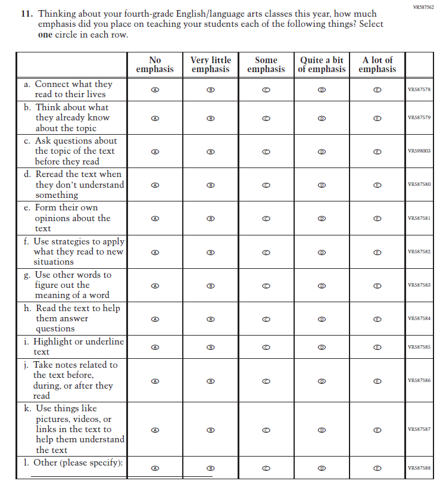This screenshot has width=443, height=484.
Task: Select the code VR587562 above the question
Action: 423,7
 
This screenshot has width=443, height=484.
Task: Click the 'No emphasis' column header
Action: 155,64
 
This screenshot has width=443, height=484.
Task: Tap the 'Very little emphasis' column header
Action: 210,64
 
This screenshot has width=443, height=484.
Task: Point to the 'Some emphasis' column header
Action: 266,64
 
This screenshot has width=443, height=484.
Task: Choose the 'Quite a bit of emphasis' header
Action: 322,64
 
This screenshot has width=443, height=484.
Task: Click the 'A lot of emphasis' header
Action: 377,64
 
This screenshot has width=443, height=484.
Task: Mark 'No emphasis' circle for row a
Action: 155,89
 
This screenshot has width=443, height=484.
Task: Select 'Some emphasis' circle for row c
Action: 266,151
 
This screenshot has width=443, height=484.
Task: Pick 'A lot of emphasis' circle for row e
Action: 377,218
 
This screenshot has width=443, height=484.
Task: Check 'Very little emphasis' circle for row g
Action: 210,285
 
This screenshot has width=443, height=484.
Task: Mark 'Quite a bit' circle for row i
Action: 322,346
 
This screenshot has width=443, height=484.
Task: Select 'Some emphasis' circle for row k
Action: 266,429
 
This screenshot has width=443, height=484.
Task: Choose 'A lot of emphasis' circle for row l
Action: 377,468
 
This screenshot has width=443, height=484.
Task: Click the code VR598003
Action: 419,151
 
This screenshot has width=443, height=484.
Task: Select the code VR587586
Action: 419,380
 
